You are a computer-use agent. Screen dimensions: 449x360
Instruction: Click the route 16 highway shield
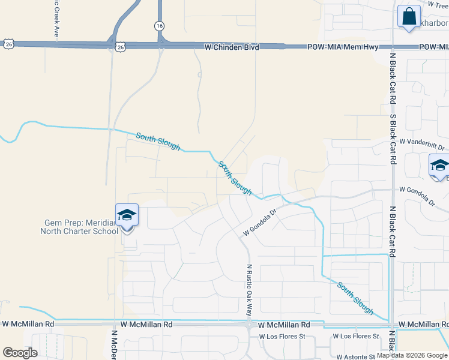click(158, 26)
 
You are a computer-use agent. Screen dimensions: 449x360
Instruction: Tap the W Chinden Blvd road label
click(231, 46)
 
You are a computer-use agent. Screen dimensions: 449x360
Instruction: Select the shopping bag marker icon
click(409, 17)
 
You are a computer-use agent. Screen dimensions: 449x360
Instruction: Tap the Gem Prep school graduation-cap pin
click(127, 215)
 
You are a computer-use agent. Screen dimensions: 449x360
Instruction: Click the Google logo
click(20, 353)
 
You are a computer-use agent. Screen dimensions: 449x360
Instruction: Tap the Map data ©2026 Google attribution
click(412, 355)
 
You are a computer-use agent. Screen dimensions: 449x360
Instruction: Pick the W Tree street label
click(438, 4)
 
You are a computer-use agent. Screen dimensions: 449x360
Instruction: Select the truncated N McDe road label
click(113, 344)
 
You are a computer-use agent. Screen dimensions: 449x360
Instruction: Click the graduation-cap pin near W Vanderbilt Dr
click(439, 166)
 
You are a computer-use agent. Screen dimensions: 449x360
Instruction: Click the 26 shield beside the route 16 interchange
click(120, 46)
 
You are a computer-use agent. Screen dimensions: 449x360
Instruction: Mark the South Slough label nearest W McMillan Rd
click(355, 298)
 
